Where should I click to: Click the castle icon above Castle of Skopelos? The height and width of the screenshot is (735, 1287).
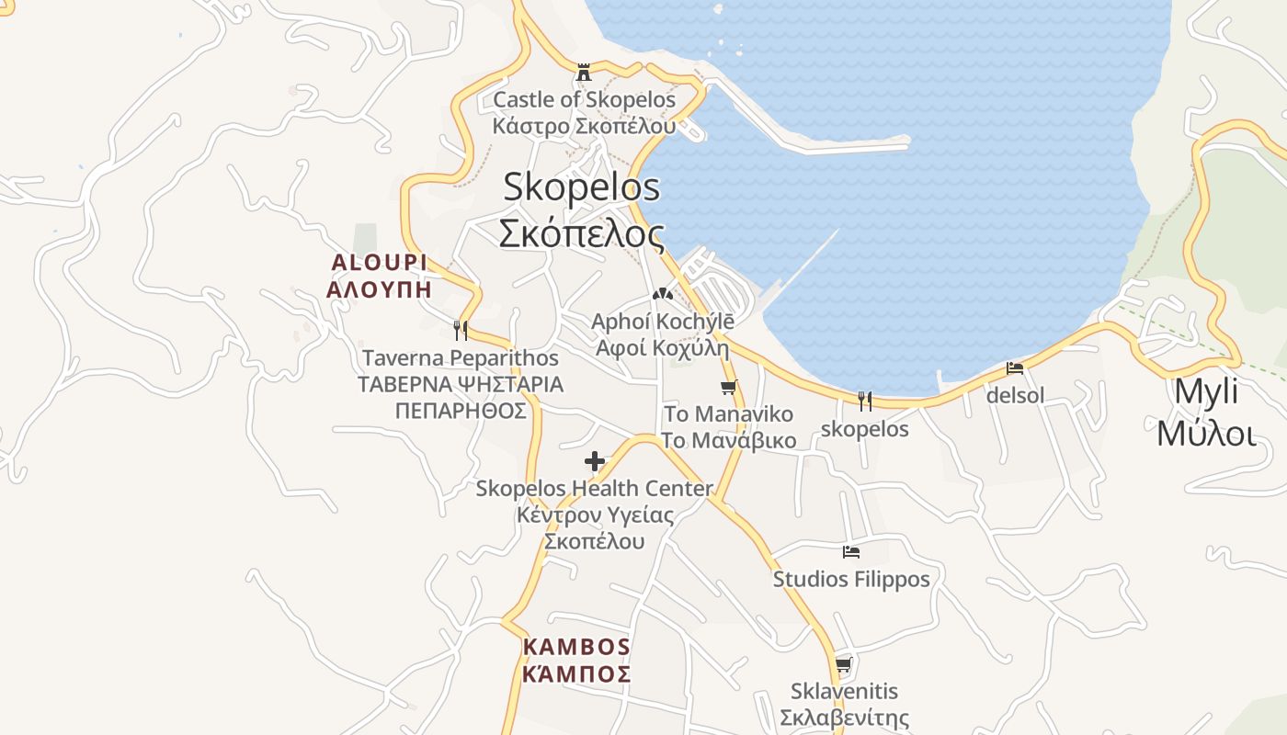583,72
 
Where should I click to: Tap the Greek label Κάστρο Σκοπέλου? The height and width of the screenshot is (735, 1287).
584,126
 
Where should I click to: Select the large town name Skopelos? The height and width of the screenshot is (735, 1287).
581,187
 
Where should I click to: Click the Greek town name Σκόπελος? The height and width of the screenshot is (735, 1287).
581,233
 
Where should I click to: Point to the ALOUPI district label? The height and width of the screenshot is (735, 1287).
379,263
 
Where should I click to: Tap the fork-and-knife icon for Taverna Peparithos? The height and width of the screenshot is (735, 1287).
461,330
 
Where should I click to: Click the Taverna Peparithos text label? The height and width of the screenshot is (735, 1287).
461,357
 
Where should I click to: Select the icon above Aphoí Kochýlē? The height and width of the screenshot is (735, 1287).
662,294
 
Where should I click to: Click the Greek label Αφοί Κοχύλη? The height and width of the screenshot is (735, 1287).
662,348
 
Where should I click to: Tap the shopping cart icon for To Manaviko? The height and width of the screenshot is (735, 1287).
729,387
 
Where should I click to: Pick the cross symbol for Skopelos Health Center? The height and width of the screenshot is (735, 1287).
595,461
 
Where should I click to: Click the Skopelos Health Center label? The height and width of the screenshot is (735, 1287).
594,489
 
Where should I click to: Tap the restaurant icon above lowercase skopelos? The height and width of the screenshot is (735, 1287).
864,401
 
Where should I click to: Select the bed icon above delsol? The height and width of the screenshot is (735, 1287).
1015,368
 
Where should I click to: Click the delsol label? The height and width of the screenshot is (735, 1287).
1015,396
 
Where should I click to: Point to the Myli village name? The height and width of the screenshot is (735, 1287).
1206,391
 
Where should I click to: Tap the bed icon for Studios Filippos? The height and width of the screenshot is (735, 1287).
851,552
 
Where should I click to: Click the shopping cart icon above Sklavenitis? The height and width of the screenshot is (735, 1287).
844,664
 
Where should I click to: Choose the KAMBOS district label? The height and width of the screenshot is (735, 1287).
576,646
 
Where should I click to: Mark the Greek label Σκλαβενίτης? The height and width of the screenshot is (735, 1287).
844,718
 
